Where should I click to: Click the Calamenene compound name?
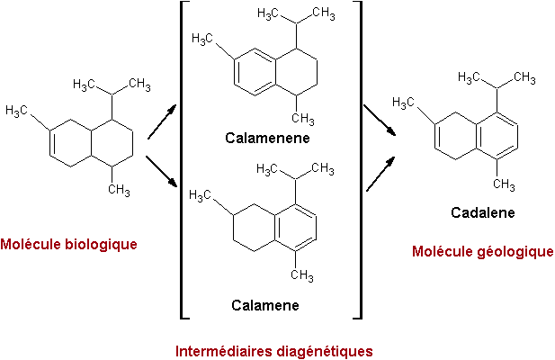(267, 139)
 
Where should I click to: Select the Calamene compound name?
(264, 306)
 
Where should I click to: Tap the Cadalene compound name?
(481, 213)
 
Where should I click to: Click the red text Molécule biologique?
(68, 244)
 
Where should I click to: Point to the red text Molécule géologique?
(482, 251)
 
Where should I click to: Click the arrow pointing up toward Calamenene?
(161, 122)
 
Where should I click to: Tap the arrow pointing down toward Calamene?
(160, 173)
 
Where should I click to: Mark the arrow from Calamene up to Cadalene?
(380, 173)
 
